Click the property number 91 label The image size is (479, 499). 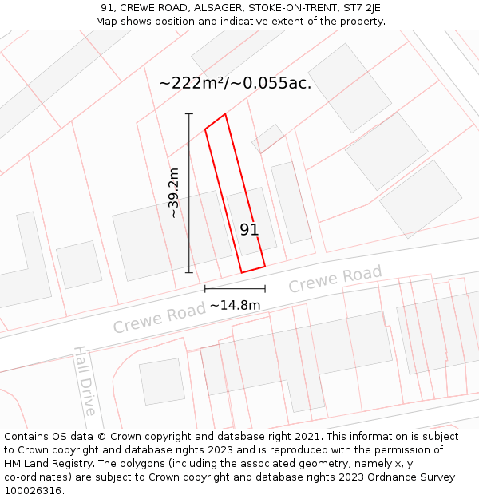[249, 230]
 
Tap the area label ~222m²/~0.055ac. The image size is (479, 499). [235, 83]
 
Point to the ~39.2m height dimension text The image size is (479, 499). [174, 192]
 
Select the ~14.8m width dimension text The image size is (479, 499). [235, 305]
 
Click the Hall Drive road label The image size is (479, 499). [85, 380]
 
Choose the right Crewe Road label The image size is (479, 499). [335, 280]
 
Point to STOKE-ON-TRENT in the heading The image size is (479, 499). [288, 8]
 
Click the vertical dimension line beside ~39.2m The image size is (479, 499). [189, 192]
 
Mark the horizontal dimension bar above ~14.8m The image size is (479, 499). [235, 288]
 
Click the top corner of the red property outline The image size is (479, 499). [225, 114]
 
